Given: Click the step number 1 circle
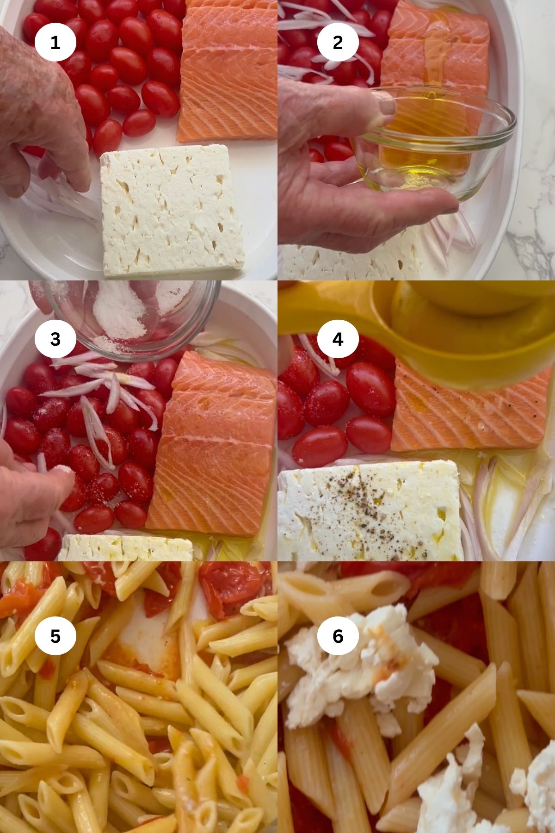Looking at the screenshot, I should pyautogui.click(x=55, y=43).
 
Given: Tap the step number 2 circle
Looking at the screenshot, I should pyautogui.click(x=338, y=43).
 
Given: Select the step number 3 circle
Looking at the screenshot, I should pyautogui.click(x=55, y=339).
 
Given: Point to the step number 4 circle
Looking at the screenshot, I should pyautogui.click(x=338, y=339).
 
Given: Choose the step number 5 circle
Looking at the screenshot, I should pyautogui.click(x=55, y=636).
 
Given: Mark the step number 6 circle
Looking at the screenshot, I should pyautogui.click(x=338, y=636).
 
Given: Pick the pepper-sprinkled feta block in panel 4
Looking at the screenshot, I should pyautogui.click(x=370, y=509).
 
